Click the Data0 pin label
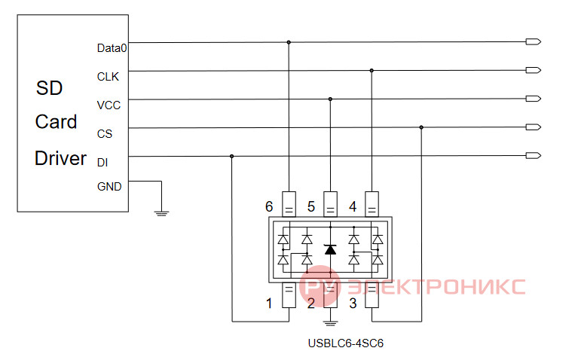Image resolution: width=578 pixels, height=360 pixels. pos(112,48)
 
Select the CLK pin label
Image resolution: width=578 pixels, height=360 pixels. pos(108,77)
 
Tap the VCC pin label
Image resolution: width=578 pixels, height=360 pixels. pos(109,105)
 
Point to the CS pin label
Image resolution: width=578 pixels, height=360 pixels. pos(105,134)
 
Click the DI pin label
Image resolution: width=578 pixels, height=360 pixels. pos(102,162)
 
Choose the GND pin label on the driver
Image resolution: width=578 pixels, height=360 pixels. pos(109,187)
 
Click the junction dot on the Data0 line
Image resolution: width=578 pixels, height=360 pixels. pos(289,42)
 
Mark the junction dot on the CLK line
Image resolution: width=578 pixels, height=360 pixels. pos(372,70)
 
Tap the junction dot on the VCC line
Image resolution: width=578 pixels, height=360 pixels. pos(330,99)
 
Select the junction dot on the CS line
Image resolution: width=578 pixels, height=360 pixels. pos(421,127)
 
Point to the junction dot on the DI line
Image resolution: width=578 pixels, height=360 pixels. pos(231,156)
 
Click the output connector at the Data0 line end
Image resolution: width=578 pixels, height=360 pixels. pos(533,41)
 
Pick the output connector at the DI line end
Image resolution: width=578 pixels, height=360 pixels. pos(533,155)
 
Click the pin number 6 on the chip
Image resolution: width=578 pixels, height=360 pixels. pos(269,206)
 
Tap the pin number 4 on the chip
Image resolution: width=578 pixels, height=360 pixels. pos(353,206)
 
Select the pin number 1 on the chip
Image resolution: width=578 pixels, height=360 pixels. pos(269,304)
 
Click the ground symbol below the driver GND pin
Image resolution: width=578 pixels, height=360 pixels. pos(161,213)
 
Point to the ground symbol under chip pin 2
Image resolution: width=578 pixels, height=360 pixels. pos(330,324)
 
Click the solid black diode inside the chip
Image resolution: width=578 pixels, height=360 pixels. pos(330,249)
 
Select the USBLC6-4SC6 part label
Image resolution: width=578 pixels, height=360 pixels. pos(346,343)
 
